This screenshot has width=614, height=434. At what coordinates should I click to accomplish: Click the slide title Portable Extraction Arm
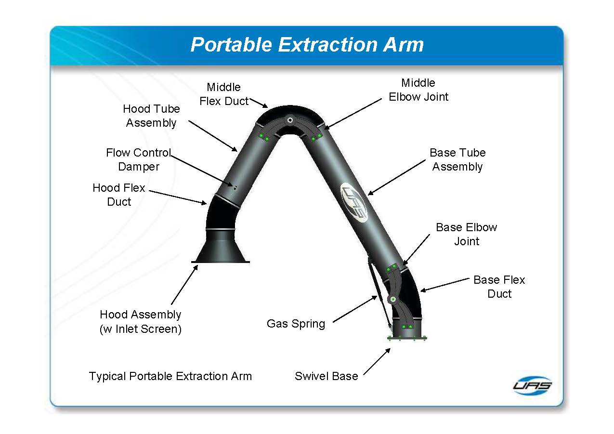tap(307, 45)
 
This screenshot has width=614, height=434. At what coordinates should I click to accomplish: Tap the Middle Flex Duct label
tap(223, 94)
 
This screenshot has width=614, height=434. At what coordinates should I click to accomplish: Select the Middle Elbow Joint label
tap(418, 90)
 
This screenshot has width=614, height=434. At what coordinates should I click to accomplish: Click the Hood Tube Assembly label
tap(151, 116)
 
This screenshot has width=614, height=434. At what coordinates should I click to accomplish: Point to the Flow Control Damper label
tap(139, 160)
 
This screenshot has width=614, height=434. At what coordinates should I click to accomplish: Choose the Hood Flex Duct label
tap(119, 195)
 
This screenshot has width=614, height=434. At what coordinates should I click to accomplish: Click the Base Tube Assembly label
tap(457, 160)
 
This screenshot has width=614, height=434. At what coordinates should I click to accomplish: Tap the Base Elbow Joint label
tap(466, 234)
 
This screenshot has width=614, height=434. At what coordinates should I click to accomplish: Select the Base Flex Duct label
tap(499, 287)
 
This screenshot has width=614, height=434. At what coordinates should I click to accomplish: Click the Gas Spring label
tap(296, 324)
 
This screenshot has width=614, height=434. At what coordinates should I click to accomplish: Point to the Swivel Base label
tap(326, 376)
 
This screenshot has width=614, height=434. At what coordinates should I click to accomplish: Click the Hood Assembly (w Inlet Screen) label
tap(141, 322)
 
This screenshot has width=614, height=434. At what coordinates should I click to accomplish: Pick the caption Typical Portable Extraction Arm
tap(170, 376)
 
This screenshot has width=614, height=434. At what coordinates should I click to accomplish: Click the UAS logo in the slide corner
tap(532, 385)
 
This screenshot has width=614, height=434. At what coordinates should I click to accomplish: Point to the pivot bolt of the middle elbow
tap(290, 120)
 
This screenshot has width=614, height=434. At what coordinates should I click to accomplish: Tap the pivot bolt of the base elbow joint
tap(393, 299)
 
